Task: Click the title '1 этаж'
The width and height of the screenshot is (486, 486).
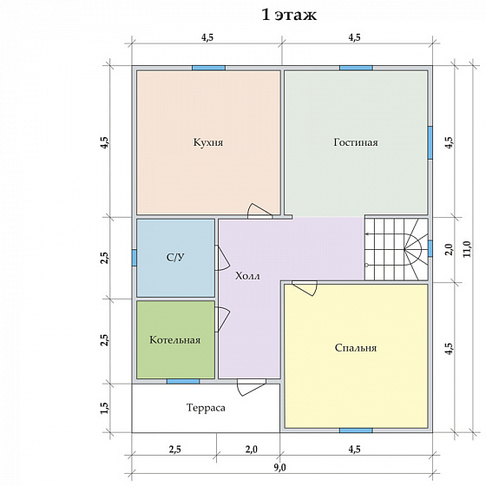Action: coord(289,15)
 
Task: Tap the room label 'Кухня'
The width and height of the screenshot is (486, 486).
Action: coord(208,142)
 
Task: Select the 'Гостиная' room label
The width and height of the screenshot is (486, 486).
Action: coord(356,142)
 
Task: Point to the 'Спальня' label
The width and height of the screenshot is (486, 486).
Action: coord(356,348)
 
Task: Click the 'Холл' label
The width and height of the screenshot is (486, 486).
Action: coord(247,276)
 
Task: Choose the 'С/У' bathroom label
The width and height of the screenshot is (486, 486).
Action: coord(175,257)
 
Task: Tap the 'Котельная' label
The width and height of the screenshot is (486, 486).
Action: coord(174,340)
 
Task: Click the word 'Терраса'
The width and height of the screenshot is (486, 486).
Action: coord(206,408)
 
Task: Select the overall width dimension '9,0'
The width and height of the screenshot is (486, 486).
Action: coord(279,468)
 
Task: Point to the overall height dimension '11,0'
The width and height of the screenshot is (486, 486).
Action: coord(467,249)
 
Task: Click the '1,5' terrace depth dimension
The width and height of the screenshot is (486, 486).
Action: coord(104,408)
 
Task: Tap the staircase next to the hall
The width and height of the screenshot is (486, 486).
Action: coord(397,249)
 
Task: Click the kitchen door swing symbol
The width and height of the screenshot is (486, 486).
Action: coord(259,211)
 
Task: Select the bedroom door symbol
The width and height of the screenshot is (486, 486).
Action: coord(305,288)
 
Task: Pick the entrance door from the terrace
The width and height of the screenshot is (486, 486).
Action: coord(252,387)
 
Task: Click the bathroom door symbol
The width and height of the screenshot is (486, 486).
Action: coord(222,259)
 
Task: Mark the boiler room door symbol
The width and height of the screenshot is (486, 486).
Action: coord(222,319)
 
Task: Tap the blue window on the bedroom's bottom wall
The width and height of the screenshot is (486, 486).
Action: coord(356,430)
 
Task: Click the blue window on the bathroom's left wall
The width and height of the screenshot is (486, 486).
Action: coord(135,258)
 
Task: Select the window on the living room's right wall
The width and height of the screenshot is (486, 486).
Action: coord(430,142)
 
